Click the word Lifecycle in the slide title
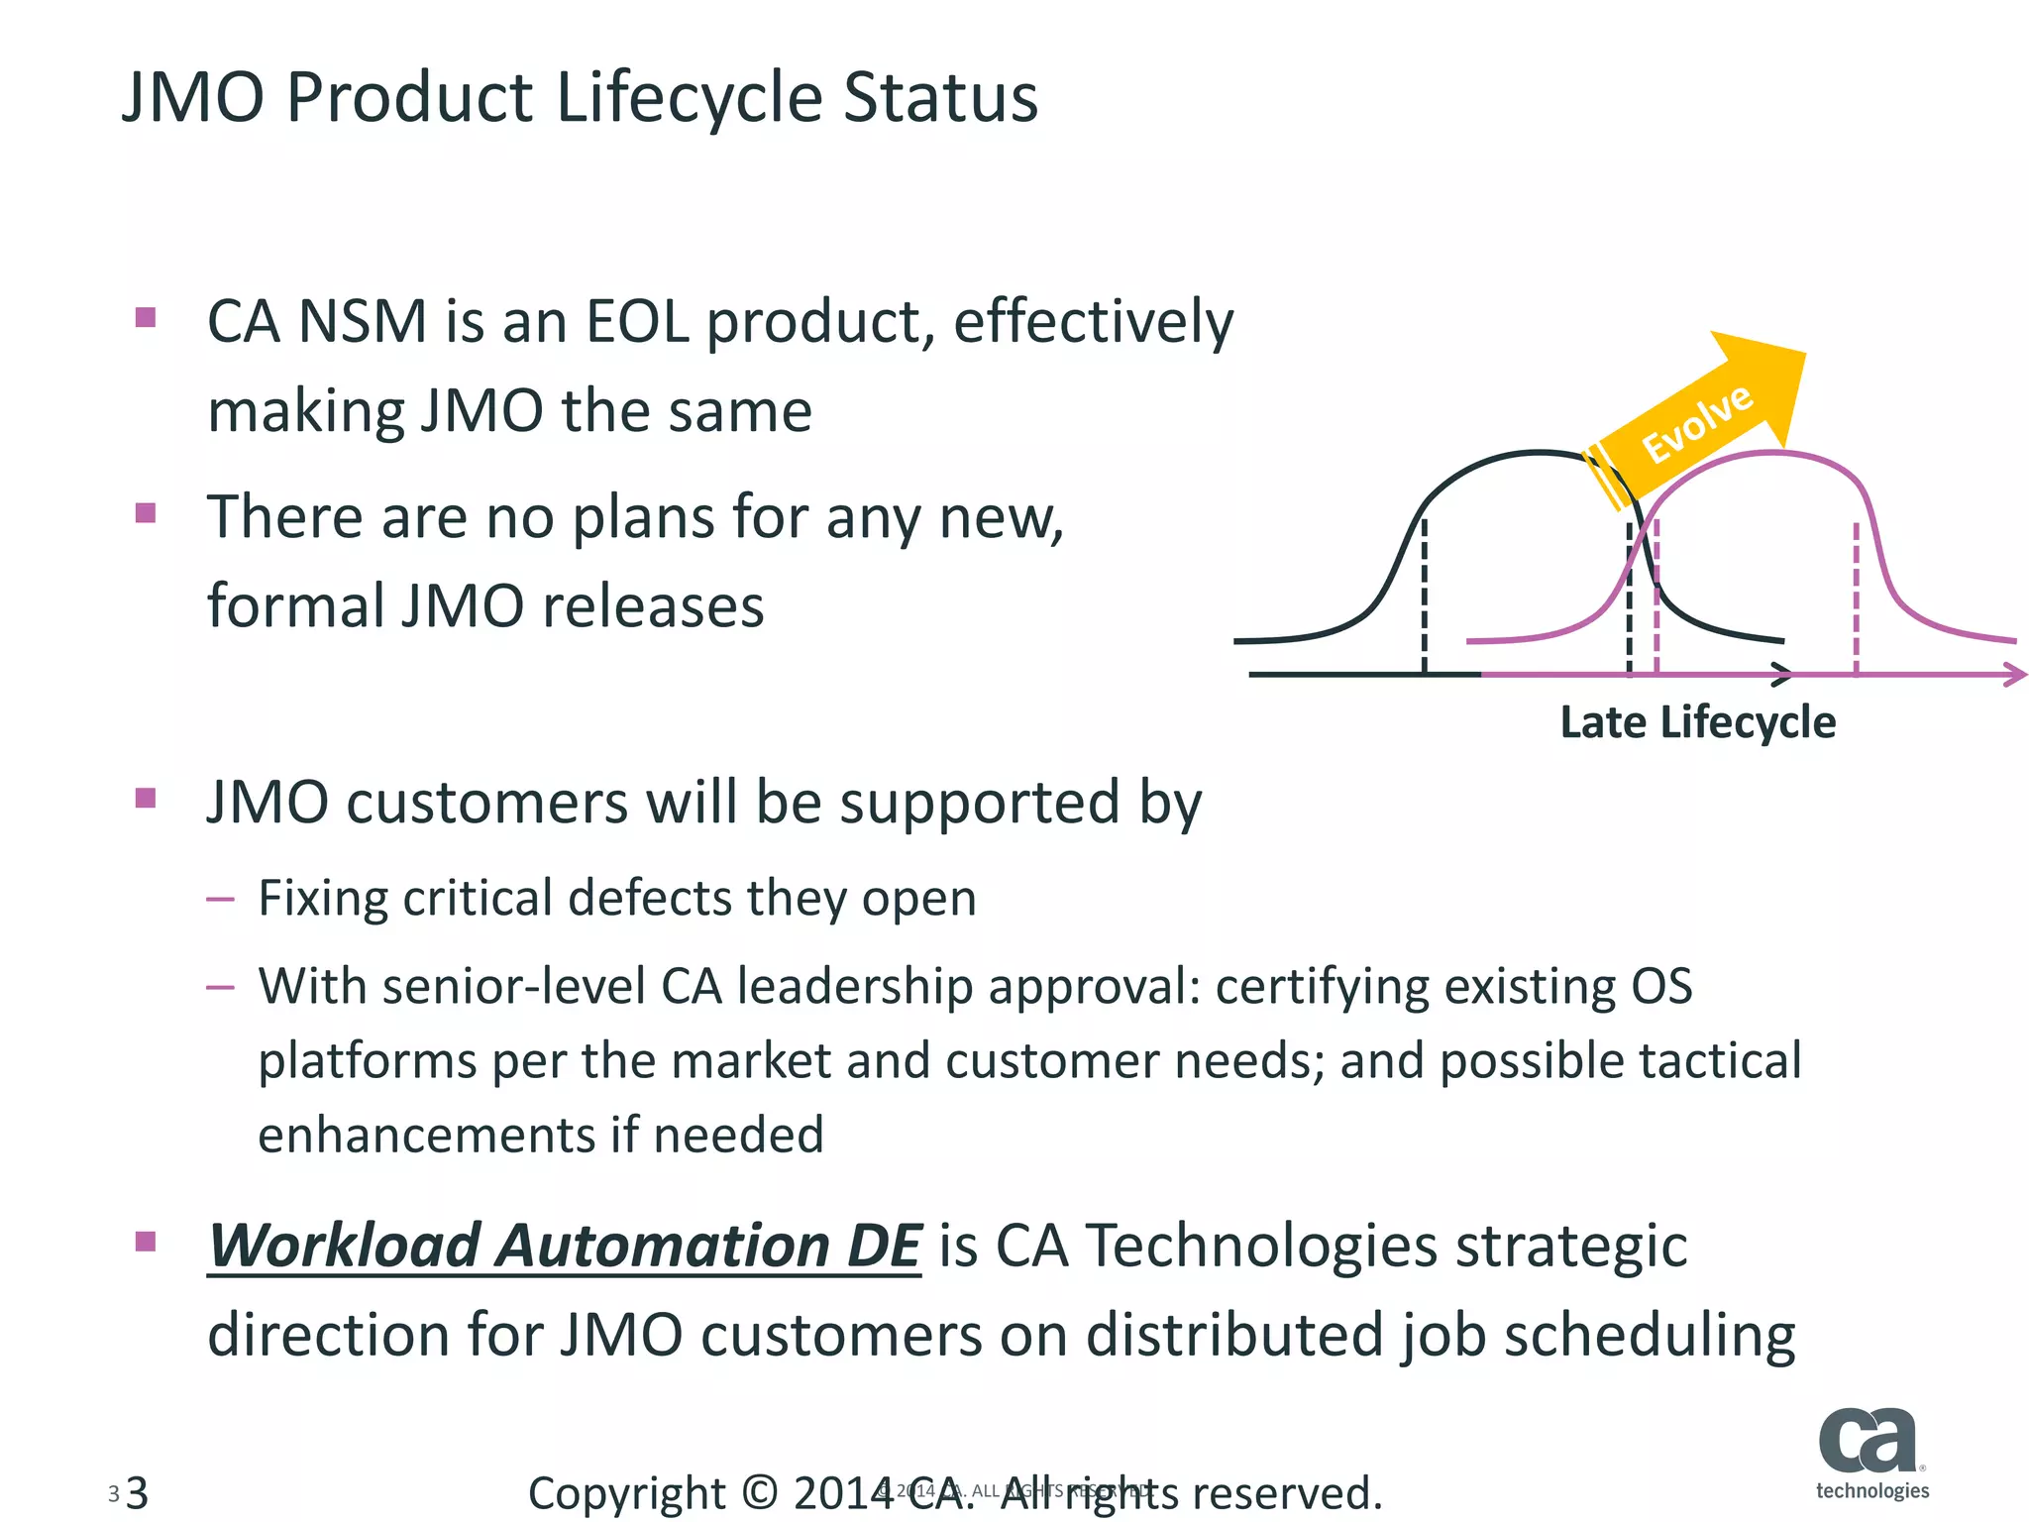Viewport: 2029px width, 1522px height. (689, 99)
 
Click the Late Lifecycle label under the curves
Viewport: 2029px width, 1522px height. (1697, 722)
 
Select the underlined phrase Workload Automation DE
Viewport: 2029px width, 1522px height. (565, 1247)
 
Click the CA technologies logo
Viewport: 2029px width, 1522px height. (1871, 1453)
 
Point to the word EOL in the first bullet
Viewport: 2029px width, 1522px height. (637, 322)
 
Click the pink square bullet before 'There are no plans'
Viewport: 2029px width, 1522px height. (146, 513)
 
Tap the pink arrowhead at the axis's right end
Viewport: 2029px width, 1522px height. (2014, 675)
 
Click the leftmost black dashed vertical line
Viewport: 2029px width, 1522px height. (1425, 595)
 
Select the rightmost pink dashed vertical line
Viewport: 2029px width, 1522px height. (1856, 599)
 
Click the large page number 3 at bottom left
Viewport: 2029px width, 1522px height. (138, 1492)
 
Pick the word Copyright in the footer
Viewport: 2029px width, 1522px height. (626, 1492)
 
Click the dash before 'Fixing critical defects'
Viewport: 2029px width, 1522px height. (220, 900)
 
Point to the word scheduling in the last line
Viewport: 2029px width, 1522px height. (1649, 1336)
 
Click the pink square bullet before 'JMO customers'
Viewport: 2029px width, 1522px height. (146, 799)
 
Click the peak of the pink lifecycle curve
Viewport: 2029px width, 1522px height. (1773, 453)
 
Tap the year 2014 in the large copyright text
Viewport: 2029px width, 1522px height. (842, 1492)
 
